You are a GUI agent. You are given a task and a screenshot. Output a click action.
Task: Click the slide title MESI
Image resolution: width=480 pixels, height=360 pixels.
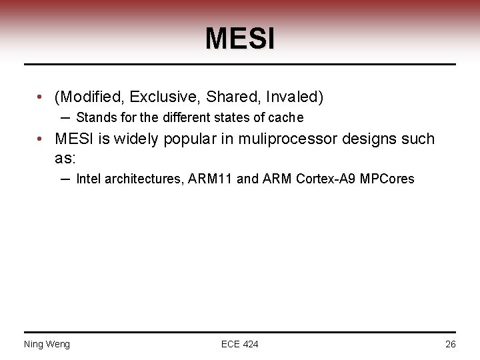[x=239, y=39]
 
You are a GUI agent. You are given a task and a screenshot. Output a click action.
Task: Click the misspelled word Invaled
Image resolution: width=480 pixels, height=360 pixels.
[x=294, y=97]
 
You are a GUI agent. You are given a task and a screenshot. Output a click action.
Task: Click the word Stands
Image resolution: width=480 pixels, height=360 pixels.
[x=95, y=118]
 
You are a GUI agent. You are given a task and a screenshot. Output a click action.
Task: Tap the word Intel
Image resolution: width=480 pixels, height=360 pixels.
[x=88, y=179]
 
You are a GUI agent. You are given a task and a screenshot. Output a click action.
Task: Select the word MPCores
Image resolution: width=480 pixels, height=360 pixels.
[x=387, y=179]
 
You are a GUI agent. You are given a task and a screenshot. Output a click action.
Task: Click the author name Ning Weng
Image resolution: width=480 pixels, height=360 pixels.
[x=47, y=344]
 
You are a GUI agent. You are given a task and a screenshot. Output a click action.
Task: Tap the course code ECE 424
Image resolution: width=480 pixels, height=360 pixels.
[x=239, y=344]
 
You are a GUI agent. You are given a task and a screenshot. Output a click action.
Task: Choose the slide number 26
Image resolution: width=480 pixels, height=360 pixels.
[x=450, y=344]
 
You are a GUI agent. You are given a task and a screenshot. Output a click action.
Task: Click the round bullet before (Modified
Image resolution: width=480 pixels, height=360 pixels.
[x=41, y=97]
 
